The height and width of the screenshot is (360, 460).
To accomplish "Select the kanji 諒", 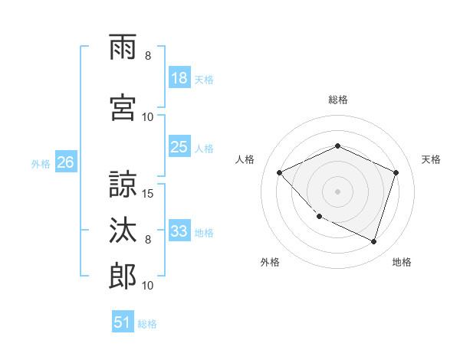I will tap(123, 184).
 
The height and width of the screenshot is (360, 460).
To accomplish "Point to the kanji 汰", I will tap(123, 231).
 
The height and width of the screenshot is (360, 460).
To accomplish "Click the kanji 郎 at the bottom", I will tap(123, 277).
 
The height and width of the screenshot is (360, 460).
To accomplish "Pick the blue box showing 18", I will tap(179, 78).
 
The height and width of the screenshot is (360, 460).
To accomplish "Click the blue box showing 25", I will tap(179, 147).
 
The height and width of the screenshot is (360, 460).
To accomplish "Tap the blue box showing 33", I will tap(179, 231).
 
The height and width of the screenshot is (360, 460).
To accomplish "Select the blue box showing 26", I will tap(65, 162).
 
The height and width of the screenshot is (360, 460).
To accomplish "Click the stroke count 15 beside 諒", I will tap(149, 193).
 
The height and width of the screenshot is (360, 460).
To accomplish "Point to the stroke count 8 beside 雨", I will tap(148, 56).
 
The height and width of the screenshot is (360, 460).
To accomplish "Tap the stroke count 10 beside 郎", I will tap(149, 286).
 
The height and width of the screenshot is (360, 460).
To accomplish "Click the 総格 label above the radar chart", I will tap(337, 100).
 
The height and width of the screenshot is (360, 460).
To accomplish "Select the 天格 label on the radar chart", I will tap(432, 159).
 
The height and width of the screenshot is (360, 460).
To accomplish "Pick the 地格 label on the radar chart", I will tap(402, 262).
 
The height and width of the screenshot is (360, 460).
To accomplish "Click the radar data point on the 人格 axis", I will tap(280, 172).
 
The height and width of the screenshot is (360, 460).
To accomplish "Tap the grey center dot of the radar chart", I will tap(337, 191).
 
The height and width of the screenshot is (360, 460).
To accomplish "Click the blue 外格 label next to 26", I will tap(41, 163).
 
